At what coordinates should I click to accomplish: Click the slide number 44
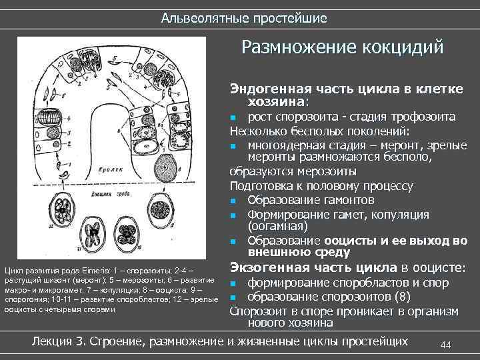[446, 344]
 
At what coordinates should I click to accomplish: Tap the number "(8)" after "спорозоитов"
[385, 297]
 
